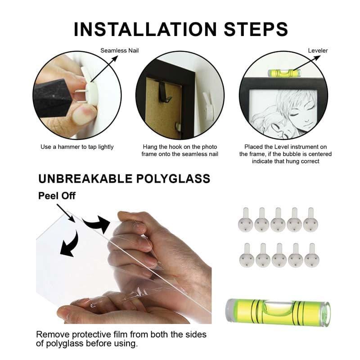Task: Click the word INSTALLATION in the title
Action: coord(145,29)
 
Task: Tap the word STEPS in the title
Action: coord(256,29)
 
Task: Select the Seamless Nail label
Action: coord(119,50)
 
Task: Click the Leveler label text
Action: coord(318,50)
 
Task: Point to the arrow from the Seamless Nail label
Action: coord(104,69)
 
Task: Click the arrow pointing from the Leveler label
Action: coord(307,63)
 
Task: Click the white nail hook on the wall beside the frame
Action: coord(208,106)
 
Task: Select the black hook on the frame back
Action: coord(165,93)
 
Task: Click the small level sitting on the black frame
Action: coord(284,73)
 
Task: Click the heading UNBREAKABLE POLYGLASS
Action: coord(124,179)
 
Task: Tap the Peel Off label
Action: coord(57,196)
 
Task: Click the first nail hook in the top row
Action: coord(245,220)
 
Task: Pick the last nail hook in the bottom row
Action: coord(312,255)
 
